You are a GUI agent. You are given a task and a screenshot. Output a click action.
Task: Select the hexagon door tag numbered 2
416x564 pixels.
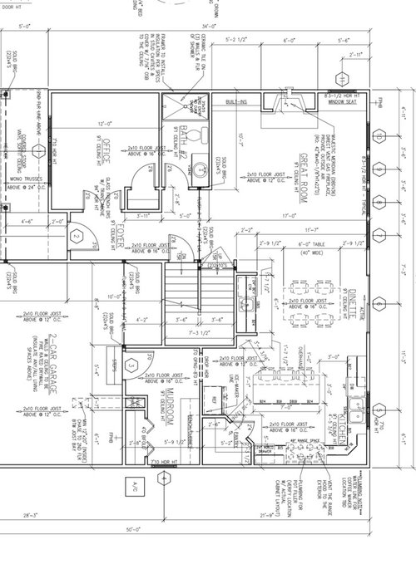(x=76, y=237)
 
